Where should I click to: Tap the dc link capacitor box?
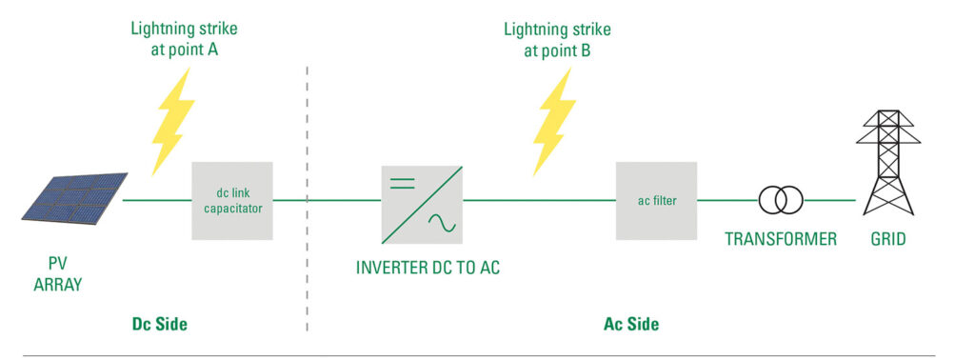pyautogui.click(x=233, y=201)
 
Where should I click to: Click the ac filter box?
pyautogui.click(x=656, y=201)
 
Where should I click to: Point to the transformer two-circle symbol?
pyautogui.click(x=780, y=200)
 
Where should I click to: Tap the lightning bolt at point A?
pyautogui.click(x=172, y=119)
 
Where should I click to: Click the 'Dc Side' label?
pyautogui.click(x=159, y=324)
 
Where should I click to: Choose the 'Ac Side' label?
pyautogui.click(x=631, y=324)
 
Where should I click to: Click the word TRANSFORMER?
pyautogui.click(x=781, y=239)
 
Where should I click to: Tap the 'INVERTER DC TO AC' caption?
pyautogui.click(x=428, y=268)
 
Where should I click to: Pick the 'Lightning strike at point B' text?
pyautogui.click(x=557, y=38)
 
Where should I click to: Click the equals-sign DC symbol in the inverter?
pyautogui.click(x=404, y=182)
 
